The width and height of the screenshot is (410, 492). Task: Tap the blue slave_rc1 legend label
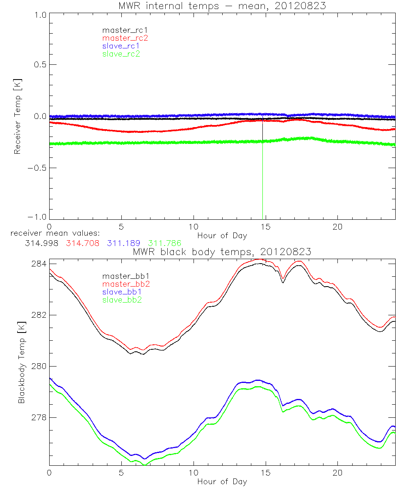(x=121, y=46)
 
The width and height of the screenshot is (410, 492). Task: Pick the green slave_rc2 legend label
(x=121, y=54)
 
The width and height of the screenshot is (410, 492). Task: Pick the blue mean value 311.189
(x=123, y=244)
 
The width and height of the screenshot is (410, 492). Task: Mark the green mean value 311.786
(x=164, y=244)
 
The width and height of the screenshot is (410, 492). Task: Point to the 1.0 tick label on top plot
(x=40, y=15)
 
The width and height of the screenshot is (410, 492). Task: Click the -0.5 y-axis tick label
(x=37, y=168)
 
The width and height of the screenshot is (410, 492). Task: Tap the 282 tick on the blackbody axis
(x=39, y=315)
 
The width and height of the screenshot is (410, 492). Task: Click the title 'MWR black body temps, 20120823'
(x=222, y=252)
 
